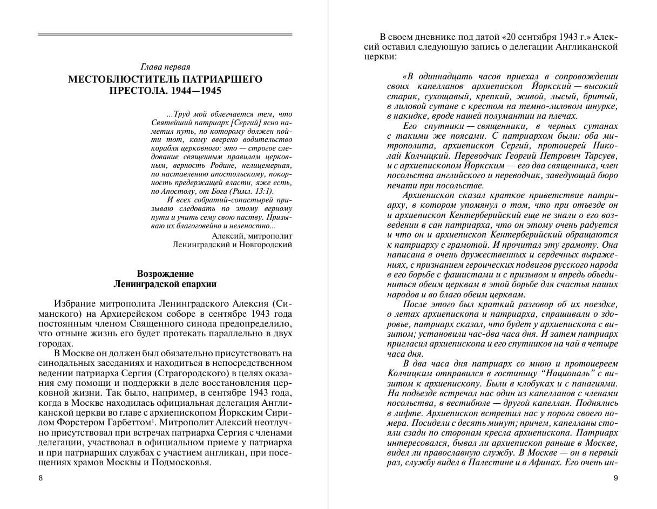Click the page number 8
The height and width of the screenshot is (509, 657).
click(x=40, y=478)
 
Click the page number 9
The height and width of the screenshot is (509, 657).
click(x=615, y=478)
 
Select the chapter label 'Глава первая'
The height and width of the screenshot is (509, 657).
click(x=165, y=67)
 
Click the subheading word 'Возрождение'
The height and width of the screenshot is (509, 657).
click(x=165, y=274)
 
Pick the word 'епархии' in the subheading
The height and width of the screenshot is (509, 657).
click(x=197, y=284)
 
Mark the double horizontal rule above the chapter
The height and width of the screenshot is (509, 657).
click(x=165, y=35)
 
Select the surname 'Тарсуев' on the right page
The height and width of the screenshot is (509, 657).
click(x=598, y=155)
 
